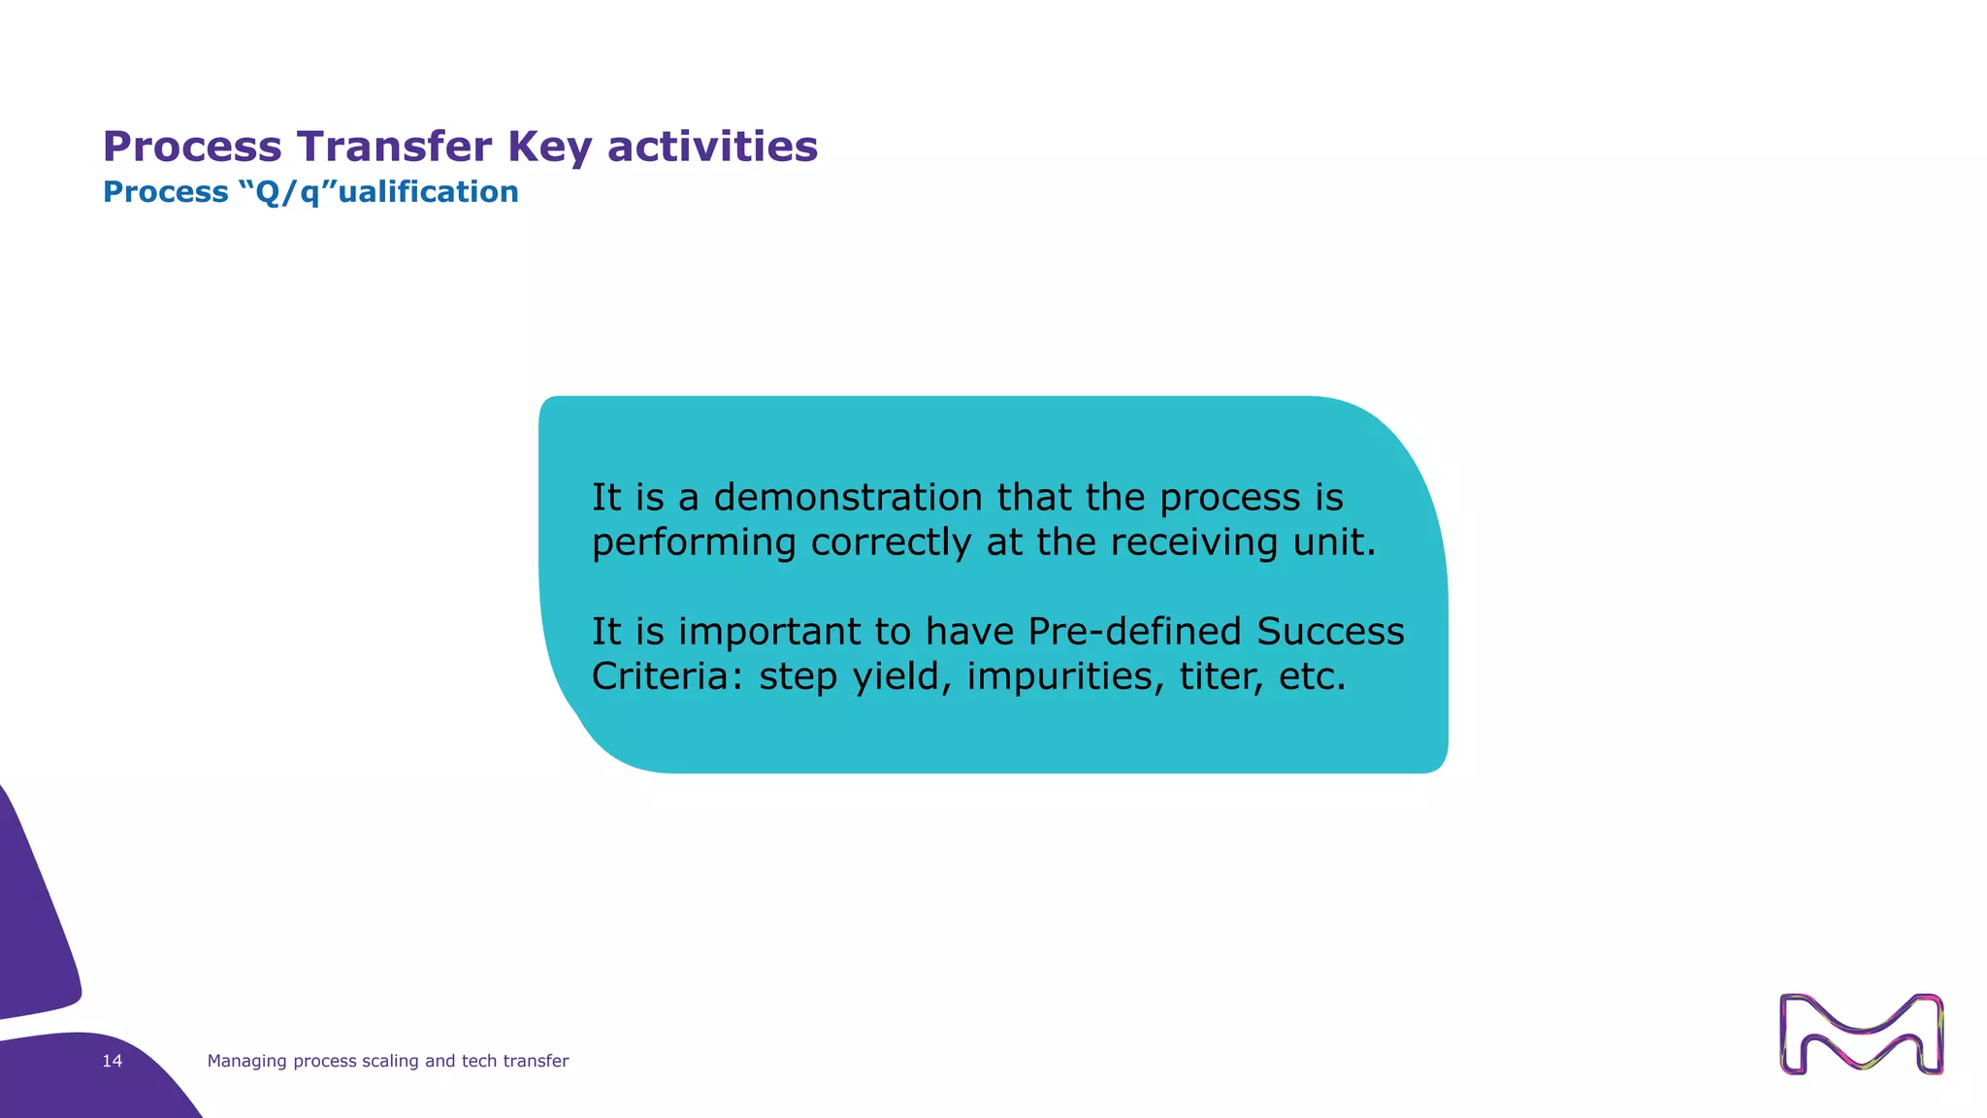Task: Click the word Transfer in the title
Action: [394, 147]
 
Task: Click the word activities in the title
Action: [712, 147]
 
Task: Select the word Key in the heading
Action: [549, 148]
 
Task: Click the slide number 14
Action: [113, 1061]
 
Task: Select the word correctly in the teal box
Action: [890, 543]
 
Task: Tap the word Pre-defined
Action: [1134, 632]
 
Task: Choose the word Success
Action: [1330, 632]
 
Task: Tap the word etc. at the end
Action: [1312, 676]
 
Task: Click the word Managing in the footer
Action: [247, 1062]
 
